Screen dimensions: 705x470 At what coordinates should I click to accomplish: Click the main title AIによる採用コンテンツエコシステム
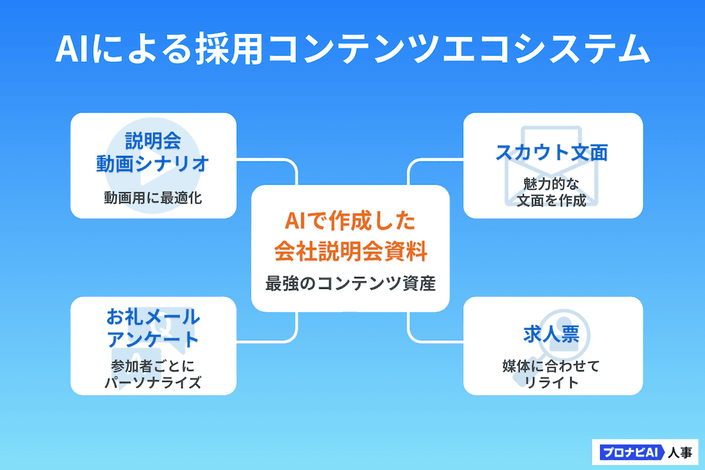point(352,49)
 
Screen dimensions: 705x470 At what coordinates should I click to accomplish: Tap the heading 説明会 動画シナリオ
point(152,152)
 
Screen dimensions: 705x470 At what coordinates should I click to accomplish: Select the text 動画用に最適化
point(153,197)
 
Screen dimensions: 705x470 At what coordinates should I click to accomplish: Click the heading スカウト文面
point(552,152)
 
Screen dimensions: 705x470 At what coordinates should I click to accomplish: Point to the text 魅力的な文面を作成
point(552,192)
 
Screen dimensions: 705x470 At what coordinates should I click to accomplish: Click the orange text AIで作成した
point(350,221)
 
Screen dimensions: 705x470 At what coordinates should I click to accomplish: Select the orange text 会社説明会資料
point(350,251)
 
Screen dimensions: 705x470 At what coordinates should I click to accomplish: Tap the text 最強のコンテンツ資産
point(350,283)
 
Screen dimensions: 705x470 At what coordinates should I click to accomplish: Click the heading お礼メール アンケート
point(153,328)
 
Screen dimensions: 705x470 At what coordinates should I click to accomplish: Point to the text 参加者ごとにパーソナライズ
point(153,374)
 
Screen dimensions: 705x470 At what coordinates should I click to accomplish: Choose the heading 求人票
point(551,334)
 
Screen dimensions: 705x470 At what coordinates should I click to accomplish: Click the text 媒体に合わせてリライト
point(551,374)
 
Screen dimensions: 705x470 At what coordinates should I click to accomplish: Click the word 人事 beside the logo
point(680,452)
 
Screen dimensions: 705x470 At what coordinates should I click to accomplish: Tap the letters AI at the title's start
point(74,49)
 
